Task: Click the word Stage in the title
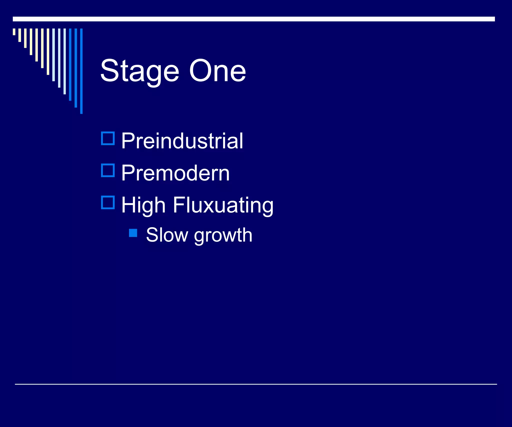tap(139, 71)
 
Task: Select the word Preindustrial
tap(182, 141)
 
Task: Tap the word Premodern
tap(175, 173)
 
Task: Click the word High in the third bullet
tap(143, 205)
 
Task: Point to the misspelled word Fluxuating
tap(223, 205)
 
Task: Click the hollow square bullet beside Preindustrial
tap(108, 138)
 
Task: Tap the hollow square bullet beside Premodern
tap(108, 170)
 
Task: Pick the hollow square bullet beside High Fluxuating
tap(108, 202)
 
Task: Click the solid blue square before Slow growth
tap(133, 233)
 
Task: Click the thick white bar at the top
tap(253, 19)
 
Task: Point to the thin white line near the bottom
tap(255, 384)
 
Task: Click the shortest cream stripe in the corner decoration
tap(14, 32)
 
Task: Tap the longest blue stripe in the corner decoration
tap(81, 71)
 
